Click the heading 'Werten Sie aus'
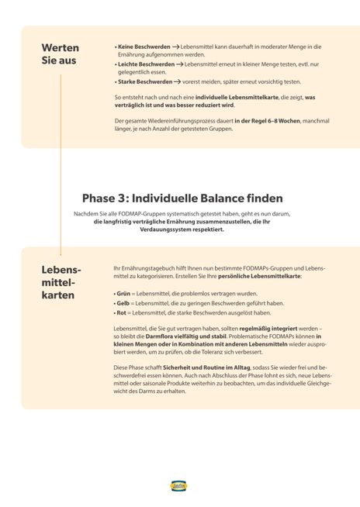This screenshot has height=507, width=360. pyautogui.click(x=59, y=54)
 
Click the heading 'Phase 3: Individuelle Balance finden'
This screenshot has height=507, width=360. pyautogui.click(x=182, y=198)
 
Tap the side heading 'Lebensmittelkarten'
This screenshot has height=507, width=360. pyautogui.click(x=62, y=282)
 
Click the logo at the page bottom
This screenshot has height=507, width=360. pyautogui.click(x=179, y=486)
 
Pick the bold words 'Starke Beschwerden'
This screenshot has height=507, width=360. pyautogui.click(x=144, y=81)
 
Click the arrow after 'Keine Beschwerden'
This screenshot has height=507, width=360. pyautogui.click(x=176, y=47)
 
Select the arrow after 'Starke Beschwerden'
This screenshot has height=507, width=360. pyautogui.click(x=177, y=81)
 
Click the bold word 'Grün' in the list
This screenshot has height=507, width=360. pyautogui.click(x=121, y=295)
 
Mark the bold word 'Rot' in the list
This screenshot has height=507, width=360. pyautogui.click(x=120, y=313)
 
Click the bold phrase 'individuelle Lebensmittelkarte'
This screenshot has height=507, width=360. pyautogui.click(x=233, y=97)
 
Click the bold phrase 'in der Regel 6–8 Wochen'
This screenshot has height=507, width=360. pyautogui.click(x=258, y=121)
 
